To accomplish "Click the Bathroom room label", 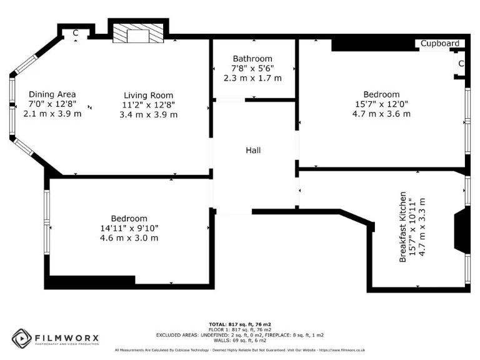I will pyautogui.click(x=252, y=59).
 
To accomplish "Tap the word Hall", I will pyautogui.click(x=253, y=151).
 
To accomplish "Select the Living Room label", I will pyautogui.click(x=148, y=96).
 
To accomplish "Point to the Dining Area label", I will pyautogui.click(x=52, y=94).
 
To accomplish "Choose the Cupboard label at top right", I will pyautogui.click(x=440, y=44).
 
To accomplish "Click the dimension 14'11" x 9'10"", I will pyautogui.click(x=129, y=228).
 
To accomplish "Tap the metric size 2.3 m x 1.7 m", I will pyautogui.click(x=252, y=78).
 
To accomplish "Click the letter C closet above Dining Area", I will pyautogui.click(x=75, y=33).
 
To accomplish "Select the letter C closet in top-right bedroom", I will pyautogui.click(x=461, y=64).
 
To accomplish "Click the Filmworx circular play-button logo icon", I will pyautogui.click(x=22, y=338).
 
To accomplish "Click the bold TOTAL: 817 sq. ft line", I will pyautogui.click(x=240, y=324).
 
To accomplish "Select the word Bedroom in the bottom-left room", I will pyautogui.click(x=129, y=218).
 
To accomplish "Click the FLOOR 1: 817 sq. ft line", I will pyautogui.click(x=240, y=329).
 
